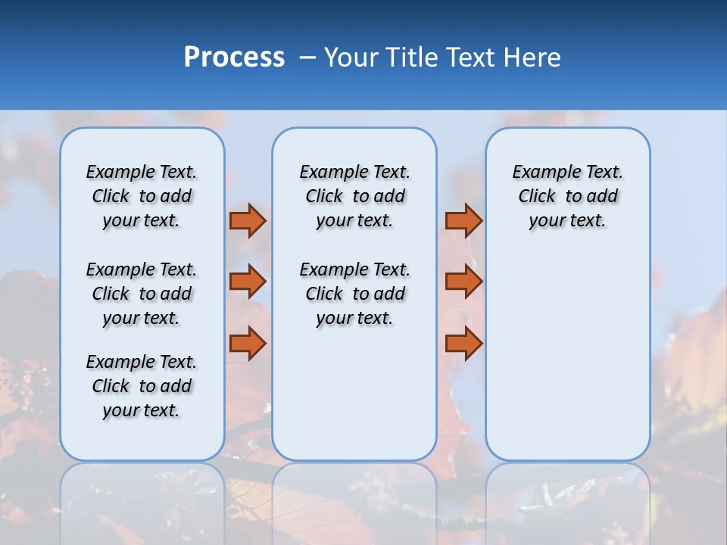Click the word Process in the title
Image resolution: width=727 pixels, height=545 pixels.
click(234, 58)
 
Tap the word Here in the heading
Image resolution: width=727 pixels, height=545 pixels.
click(533, 58)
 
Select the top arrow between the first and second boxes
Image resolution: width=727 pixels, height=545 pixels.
click(248, 220)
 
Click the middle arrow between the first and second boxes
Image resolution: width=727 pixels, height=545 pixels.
click(248, 282)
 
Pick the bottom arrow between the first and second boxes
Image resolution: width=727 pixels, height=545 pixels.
click(248, 344)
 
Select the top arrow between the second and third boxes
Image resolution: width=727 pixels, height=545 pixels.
click(463, 220)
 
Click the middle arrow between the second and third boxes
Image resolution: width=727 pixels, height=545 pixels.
click(463, 282)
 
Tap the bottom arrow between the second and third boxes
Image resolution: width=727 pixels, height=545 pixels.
click(463, 344)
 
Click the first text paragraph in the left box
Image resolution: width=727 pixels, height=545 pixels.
click(142, 196)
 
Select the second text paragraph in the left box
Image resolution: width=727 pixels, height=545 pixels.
click(142, 294)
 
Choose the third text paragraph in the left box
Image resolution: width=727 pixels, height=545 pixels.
click(142, 386)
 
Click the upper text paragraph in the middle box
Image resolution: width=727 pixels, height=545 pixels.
click(354, 196)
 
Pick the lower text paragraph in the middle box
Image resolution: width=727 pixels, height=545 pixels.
click(354, 294)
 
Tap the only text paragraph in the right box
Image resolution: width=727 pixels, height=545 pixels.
click(568, 196)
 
